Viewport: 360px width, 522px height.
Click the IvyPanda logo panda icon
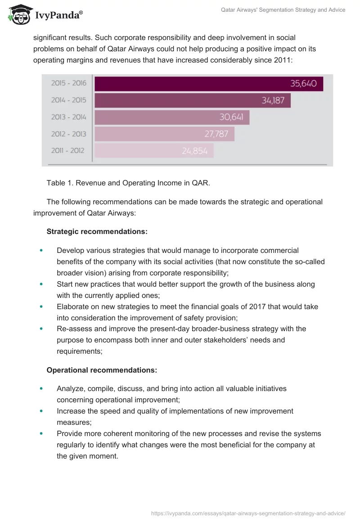click(x=18, y=15)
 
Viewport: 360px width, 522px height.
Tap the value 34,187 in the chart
click(x=273, y=100)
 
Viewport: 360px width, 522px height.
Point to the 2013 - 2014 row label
click(x=68, y=117)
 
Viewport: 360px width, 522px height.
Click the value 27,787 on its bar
click(x=216, y=134)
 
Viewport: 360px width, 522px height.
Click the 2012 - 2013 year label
click(x=68, y=134)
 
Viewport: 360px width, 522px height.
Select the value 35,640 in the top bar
click(x=303, y=84)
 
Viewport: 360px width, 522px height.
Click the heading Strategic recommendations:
click(x=97, y=232)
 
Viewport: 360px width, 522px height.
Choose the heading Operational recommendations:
click(x=102, y=370)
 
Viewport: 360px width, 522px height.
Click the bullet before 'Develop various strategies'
click(x=41, y=250)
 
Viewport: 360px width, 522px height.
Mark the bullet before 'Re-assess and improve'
click(x=41, y=329)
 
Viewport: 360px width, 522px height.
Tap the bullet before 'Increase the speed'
click(x=41, y=411)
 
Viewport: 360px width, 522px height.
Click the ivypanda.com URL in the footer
click(x=248, y=513)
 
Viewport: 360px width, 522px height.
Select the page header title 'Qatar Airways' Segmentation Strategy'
click(x=283, y=10)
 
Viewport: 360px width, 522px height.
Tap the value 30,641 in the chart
click(x=231, y=117)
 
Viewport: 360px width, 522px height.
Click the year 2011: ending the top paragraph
click(x=283, y=59)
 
